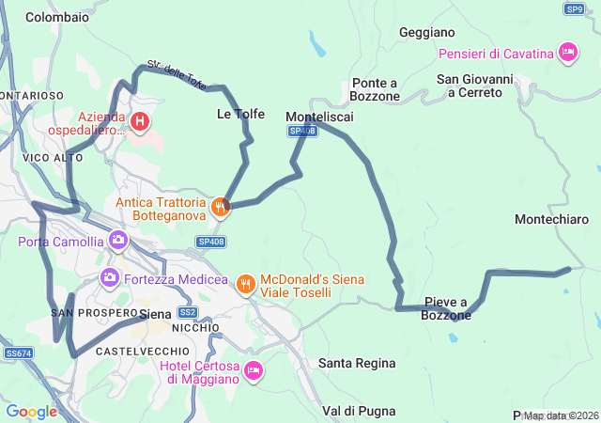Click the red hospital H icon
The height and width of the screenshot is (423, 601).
(x=140, y=120)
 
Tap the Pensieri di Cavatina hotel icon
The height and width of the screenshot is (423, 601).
(x=567, y=53)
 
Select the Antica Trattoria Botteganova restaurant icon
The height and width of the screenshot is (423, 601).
(x=220, y=207)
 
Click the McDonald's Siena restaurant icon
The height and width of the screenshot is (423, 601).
(x=245, y=282)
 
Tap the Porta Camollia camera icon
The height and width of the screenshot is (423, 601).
(x=118, y=241)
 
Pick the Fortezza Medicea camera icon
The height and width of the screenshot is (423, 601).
(x=110, y=278)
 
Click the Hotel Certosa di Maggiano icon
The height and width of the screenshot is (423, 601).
(x=253, y=371)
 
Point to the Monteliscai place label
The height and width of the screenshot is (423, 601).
(x=319, y=116)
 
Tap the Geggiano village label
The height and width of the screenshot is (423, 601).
(x=426, y=32)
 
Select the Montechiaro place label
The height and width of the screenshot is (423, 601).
(x=552, y=219)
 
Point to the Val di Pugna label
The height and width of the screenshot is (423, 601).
(x=359, y=411)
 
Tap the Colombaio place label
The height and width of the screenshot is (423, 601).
(x=57, y=17)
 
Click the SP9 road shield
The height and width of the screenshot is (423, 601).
(x=575, y=8)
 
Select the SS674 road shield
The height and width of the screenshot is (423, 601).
(x=18, y=353)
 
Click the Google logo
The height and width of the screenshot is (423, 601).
(x=31, y=412)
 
